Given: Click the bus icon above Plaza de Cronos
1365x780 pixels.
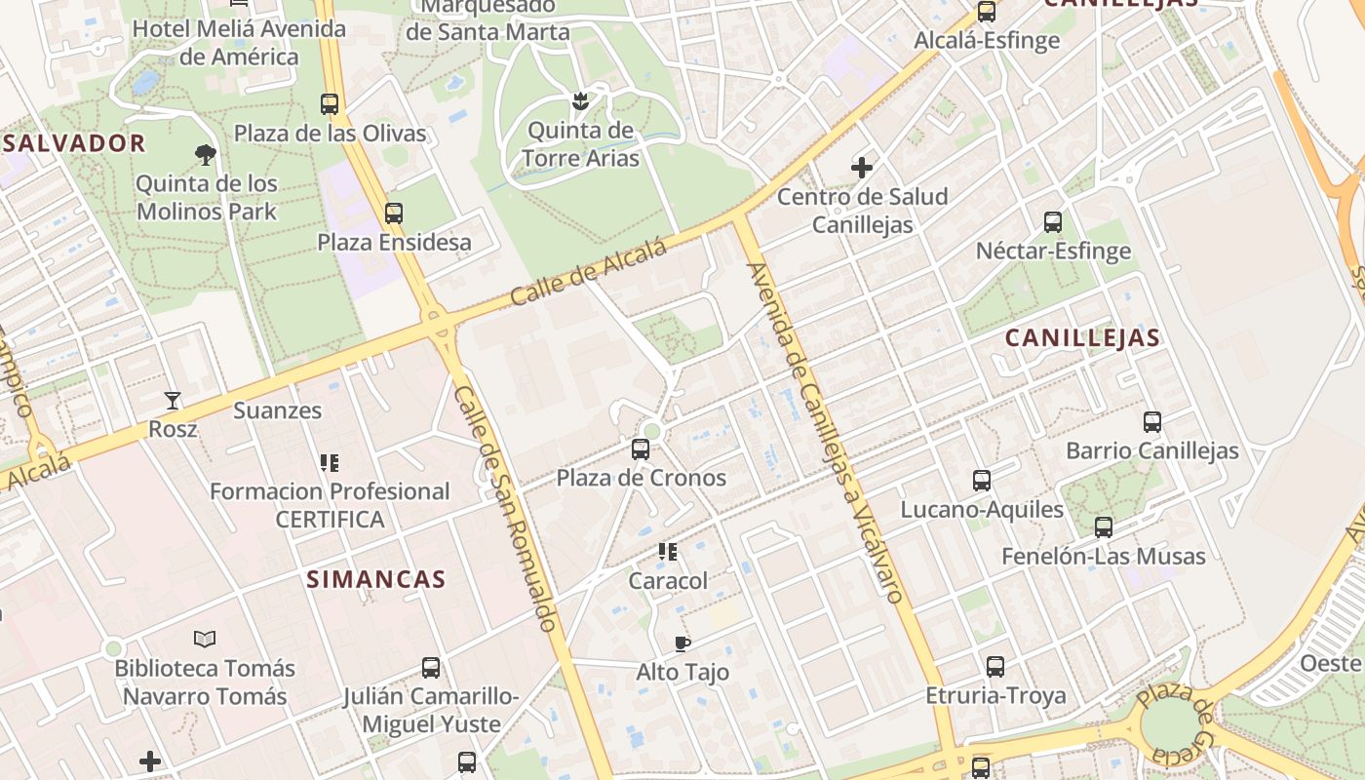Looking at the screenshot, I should pos(641,449).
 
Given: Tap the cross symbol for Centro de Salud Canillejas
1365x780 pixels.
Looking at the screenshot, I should pos(862,168).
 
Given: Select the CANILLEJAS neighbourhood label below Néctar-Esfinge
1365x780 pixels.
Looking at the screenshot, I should pos(1082,338).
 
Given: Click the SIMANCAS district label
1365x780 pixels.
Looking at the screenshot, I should pos(376,579).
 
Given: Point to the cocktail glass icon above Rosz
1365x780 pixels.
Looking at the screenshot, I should pos(173,401).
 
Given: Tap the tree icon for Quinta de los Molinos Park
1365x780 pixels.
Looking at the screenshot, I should pos(206,154).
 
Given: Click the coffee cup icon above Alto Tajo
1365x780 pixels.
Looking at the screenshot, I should pos(682,643).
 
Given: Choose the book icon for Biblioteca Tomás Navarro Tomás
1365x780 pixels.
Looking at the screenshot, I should pos(205,640).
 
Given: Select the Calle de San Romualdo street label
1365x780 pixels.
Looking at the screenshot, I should pos(506,507).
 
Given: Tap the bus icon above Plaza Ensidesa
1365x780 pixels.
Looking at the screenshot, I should pos(394,214).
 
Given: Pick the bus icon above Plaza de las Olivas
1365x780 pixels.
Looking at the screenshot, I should pos(330,104).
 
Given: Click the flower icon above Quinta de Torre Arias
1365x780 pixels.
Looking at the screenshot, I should pos(580,100).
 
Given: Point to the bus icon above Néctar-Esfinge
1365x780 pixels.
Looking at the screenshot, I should pos(1053,222).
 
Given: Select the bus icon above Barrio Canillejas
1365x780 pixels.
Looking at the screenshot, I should pos(1152,422).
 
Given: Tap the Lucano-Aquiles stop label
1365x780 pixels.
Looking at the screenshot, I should pos(982,510).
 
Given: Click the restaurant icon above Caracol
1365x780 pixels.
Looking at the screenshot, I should pos(668,552).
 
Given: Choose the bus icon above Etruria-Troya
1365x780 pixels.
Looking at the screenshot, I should pos(995,667).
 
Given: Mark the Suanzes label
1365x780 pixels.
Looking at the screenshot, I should pos(278,410).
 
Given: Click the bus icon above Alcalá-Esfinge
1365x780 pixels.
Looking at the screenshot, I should pos(987,13).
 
